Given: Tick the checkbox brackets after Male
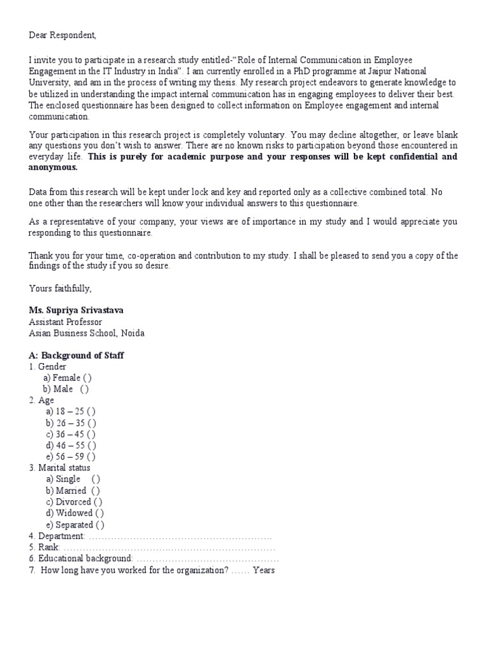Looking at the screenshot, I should [x=84, y=389].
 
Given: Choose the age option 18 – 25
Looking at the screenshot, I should [x=91, y=412].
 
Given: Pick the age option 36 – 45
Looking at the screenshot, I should [x=92, y=434].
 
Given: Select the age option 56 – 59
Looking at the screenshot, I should [x=91, y=456].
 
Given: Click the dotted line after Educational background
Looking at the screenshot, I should [x=207, y=559].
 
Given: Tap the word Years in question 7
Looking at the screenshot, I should [x=263, y=570].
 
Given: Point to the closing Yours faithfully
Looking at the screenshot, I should [x=60, y=288].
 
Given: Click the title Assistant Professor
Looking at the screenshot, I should [x=65, y=322].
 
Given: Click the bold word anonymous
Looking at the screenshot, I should [x=53, y=168].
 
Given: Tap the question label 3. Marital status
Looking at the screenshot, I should [x=60, y=468].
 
